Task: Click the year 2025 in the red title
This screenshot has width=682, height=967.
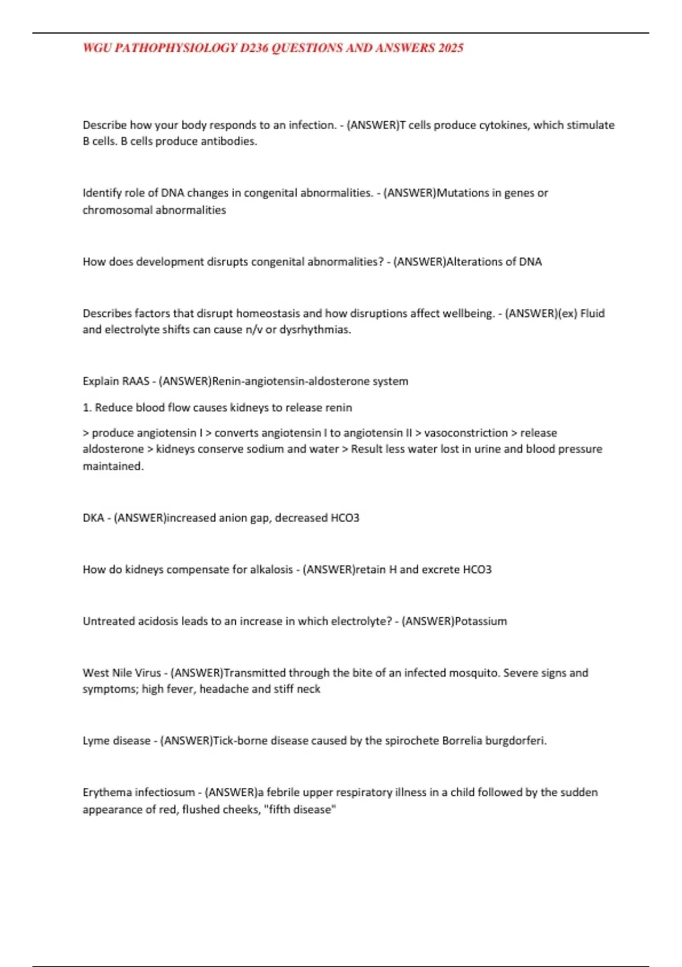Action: pos(451,48)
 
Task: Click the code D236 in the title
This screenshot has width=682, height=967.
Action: pos(254,48)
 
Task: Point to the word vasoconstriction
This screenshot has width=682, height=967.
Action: pos(466,433)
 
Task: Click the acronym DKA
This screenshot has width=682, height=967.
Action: pos(94,518)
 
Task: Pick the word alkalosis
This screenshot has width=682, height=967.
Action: pos(272,570)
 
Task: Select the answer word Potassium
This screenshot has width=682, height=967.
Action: pos(481,622)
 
